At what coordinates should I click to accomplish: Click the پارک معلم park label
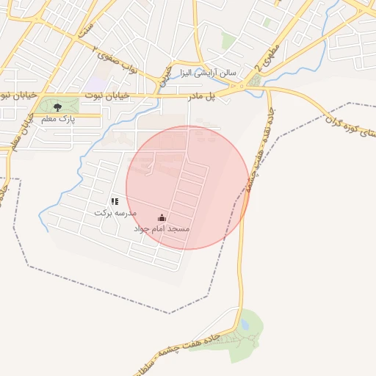(x=58, y=117)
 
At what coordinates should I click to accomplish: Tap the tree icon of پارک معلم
(x=58, y=107)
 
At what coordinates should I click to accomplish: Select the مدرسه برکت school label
(x=115, y=211)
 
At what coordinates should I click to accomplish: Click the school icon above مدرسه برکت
(x=115, y=200)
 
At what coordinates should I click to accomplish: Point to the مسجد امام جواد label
(x=162, y=229)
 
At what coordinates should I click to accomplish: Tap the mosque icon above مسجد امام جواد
(x=162, y=218)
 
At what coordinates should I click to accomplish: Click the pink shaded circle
(x=188, y=188)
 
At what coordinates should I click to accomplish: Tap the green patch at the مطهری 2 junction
(x=255, y=79)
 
